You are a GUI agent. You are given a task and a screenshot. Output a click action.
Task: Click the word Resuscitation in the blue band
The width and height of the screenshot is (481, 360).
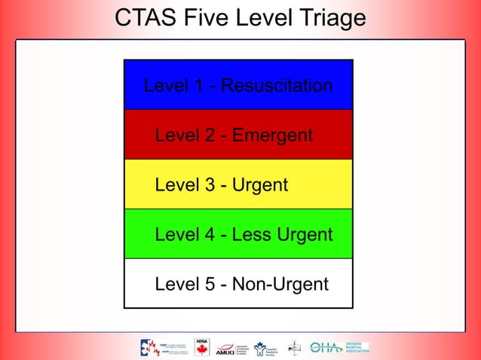coord(278,86)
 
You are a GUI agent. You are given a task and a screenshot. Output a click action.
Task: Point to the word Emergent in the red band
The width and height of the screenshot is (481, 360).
coord(272,136)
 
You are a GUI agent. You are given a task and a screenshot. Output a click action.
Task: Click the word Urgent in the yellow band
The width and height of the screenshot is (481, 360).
coord(260,185)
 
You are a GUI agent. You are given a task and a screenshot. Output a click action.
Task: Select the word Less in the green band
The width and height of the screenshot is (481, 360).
coord(251,235)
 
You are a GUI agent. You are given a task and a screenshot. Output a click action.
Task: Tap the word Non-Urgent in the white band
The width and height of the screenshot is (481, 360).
coord(280,284)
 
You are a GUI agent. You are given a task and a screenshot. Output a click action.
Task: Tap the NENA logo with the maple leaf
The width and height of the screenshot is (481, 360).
coord(202,346)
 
